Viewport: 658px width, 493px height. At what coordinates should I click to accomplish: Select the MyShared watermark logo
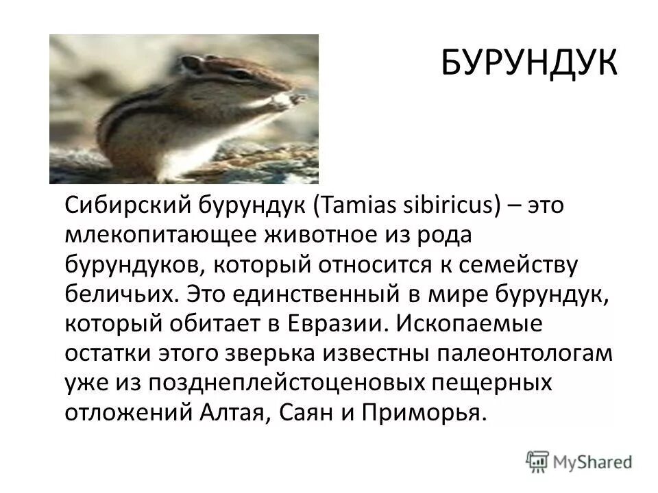580,461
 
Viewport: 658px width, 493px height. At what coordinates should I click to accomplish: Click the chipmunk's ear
193,64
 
